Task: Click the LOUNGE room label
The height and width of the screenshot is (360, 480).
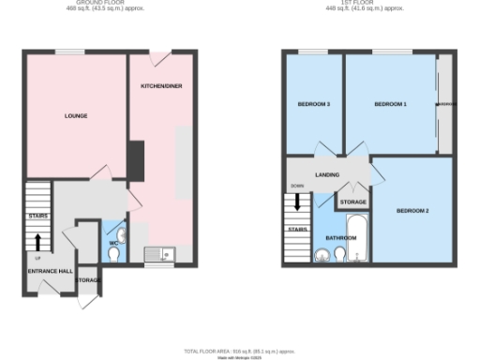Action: [75, 116]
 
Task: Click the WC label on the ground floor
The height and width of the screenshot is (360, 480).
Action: [112, 244]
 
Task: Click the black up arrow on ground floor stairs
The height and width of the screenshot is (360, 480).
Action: [38, 243]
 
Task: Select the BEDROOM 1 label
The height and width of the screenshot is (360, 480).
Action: [390, 103]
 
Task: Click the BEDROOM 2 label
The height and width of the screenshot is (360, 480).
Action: [412, 210]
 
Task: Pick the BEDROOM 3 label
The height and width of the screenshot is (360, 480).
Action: [314, 103]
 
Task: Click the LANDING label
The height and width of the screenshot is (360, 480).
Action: [327, 175]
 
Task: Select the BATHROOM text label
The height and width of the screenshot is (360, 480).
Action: [340, 238]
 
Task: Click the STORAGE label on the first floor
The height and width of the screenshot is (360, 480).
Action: [352, 202]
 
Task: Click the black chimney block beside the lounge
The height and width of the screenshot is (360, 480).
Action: [136, 160]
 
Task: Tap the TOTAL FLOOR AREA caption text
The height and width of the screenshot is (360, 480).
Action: [240, 348]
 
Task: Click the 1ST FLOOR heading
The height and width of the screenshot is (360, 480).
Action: [364, 3]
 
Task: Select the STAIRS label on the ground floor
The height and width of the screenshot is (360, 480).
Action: [37, 216]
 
